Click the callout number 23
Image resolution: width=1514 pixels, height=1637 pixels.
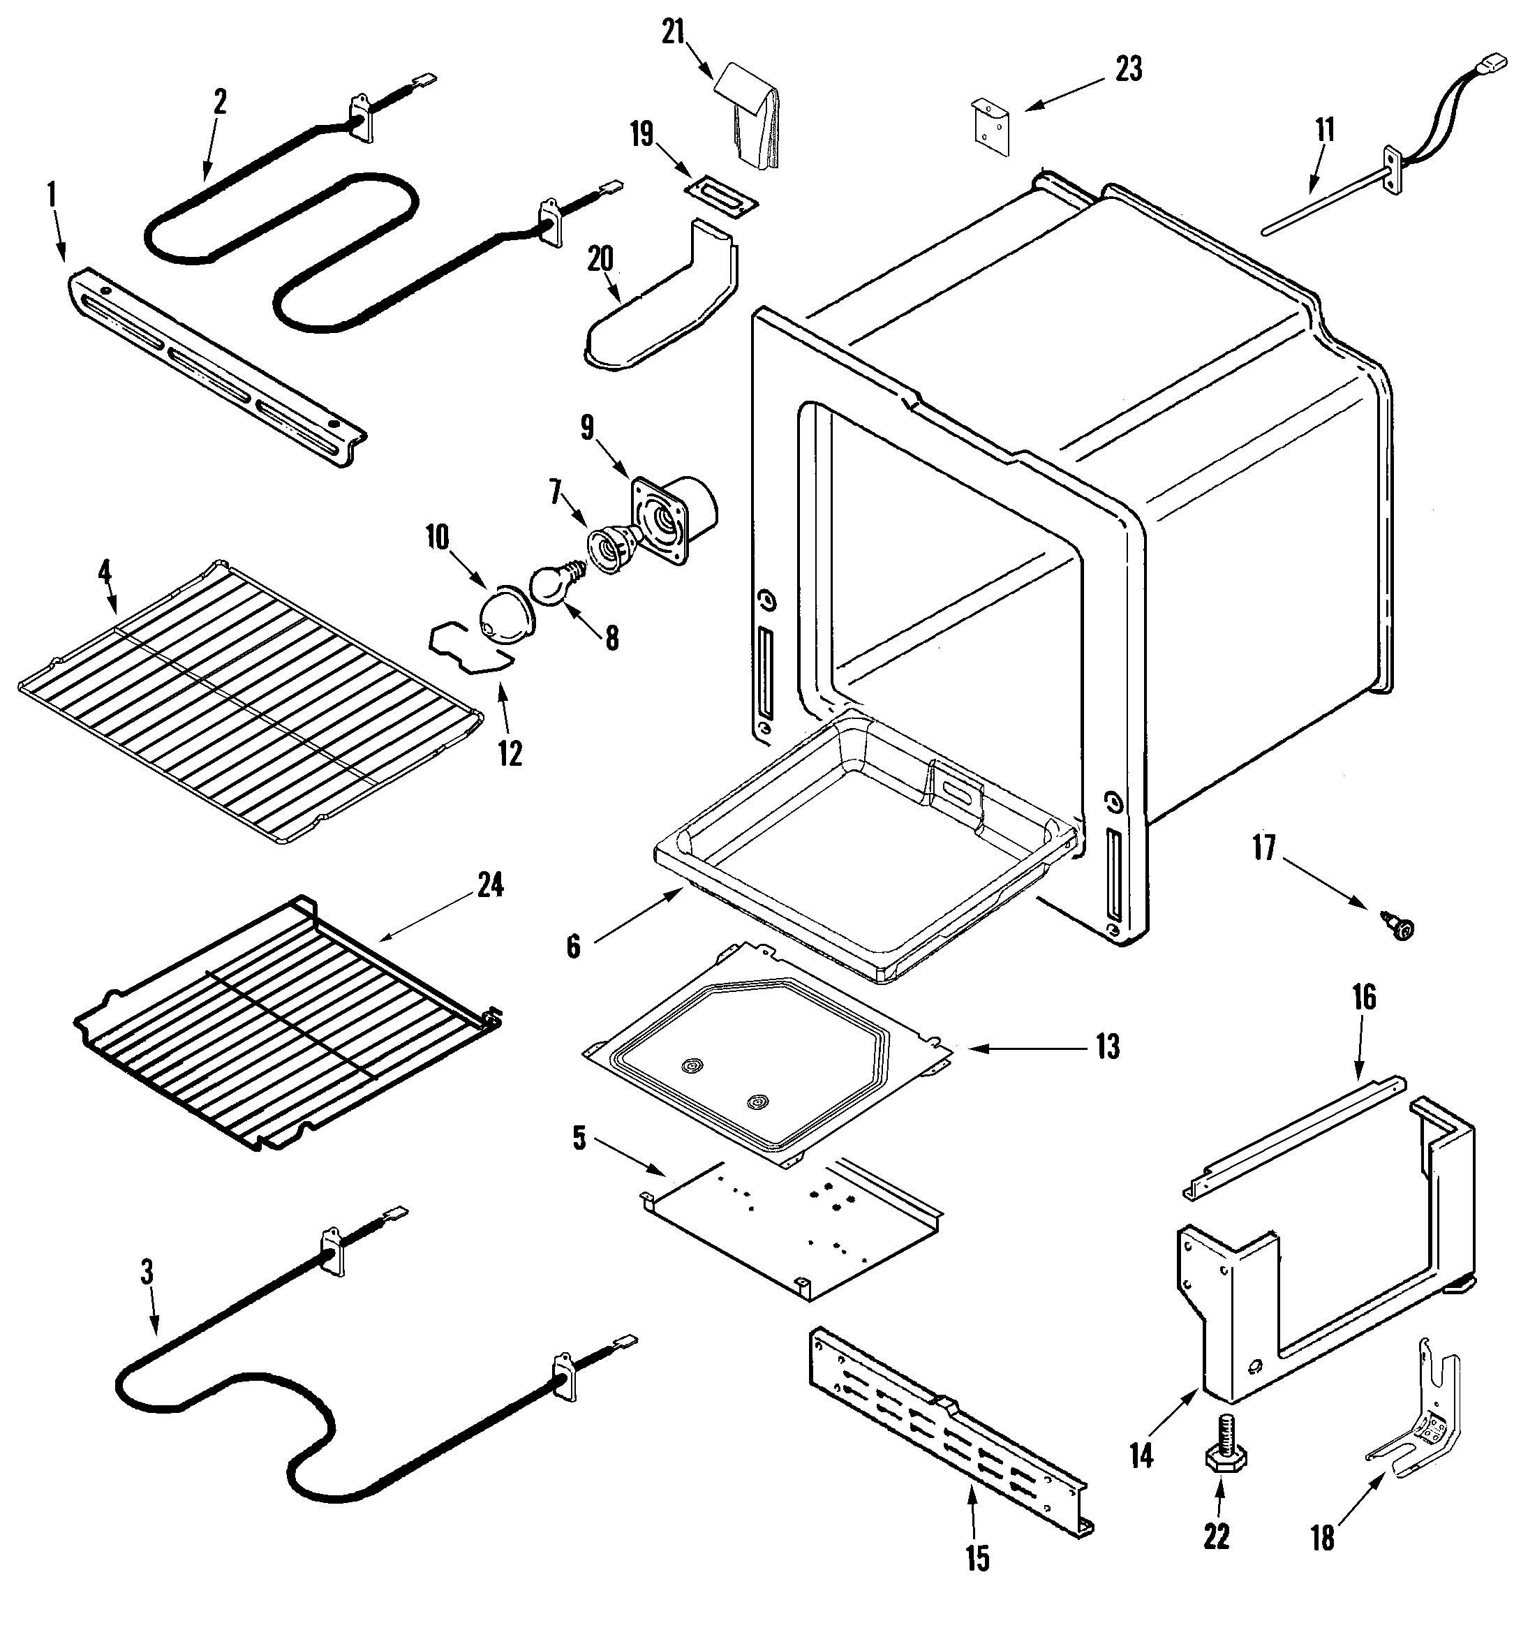[x=1129, y=71]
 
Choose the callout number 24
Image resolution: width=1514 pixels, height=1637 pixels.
[x=490, y=887]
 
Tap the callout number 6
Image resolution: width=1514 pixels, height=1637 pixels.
[x=574, y=947]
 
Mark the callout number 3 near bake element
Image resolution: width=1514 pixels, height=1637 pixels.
[x=147, y=1273]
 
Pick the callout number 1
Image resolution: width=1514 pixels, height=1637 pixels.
[x=52, y=195]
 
